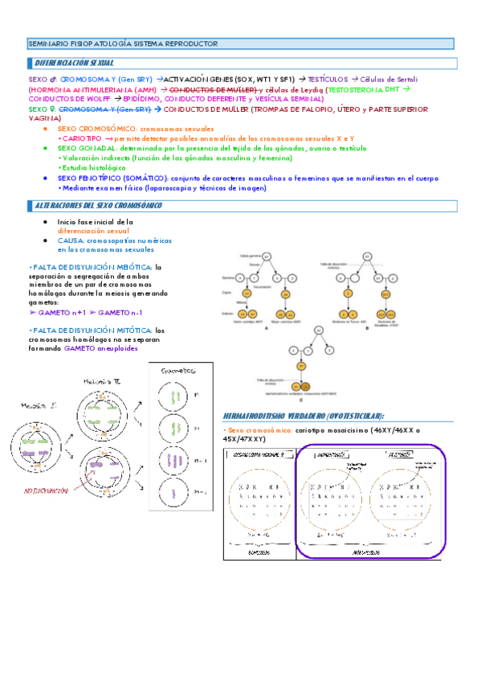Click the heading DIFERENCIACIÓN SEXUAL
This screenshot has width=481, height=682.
coord(75,62)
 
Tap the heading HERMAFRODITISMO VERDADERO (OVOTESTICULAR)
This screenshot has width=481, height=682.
coord(304,415)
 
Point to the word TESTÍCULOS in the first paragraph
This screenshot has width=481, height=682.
coord(325,80)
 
